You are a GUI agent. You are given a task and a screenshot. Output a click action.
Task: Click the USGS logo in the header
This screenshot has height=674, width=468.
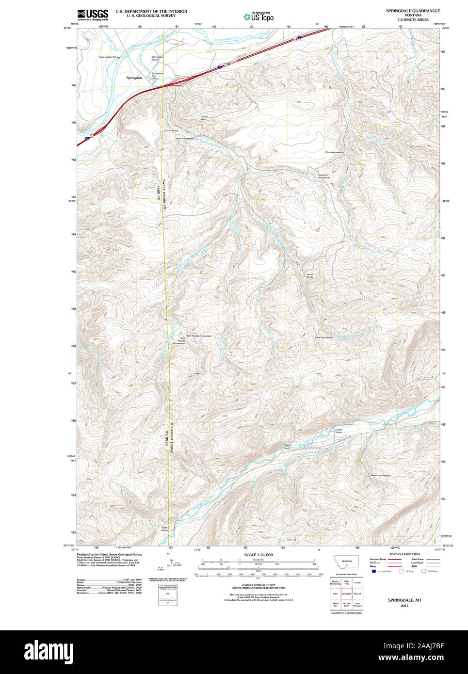pos(93,15)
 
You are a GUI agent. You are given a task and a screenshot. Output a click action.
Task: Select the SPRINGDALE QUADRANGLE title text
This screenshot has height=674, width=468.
pos(413,11)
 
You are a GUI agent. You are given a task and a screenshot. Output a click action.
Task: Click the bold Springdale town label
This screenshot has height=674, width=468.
pos(134,78)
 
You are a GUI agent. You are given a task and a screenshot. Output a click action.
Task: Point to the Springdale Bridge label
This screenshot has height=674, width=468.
pos(110,57)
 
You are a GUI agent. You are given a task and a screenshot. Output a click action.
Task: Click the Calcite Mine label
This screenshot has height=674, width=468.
pos(204,118)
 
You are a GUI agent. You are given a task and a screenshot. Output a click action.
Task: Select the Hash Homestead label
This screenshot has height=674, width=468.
pos(184,139)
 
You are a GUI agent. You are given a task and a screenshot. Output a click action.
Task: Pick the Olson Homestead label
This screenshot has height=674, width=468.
pos(335,152)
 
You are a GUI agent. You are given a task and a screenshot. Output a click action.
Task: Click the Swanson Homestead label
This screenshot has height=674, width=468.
pos(324,176)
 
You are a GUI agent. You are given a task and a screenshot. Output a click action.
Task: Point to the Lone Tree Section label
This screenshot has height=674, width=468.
pos(324,337)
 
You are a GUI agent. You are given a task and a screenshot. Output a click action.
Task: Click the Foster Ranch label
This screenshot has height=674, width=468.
pos(339,431)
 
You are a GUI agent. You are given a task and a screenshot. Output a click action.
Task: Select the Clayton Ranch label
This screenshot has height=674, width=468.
pos(287,447)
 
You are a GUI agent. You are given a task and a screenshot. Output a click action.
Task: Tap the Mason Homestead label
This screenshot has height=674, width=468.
pos(380,476)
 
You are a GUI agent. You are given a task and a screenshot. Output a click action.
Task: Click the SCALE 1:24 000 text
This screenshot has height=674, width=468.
pos(258,555)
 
